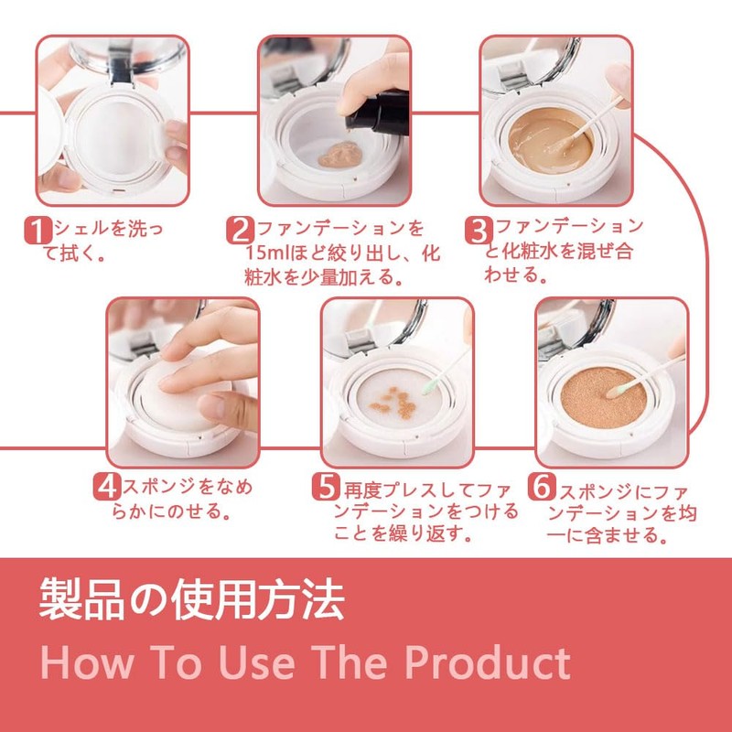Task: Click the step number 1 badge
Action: [38, 230]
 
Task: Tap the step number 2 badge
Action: [241, 230]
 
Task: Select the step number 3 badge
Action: [479, 230]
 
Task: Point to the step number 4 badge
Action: [107, 487]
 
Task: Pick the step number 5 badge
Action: [326, 487]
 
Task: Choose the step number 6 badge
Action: [542, 487]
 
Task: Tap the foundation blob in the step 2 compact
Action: [339, 155]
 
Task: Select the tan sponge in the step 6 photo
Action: [603, 398]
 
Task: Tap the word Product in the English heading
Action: [488, 662]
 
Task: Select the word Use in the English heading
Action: [257, 662]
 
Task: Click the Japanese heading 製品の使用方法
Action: [192, 599]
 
